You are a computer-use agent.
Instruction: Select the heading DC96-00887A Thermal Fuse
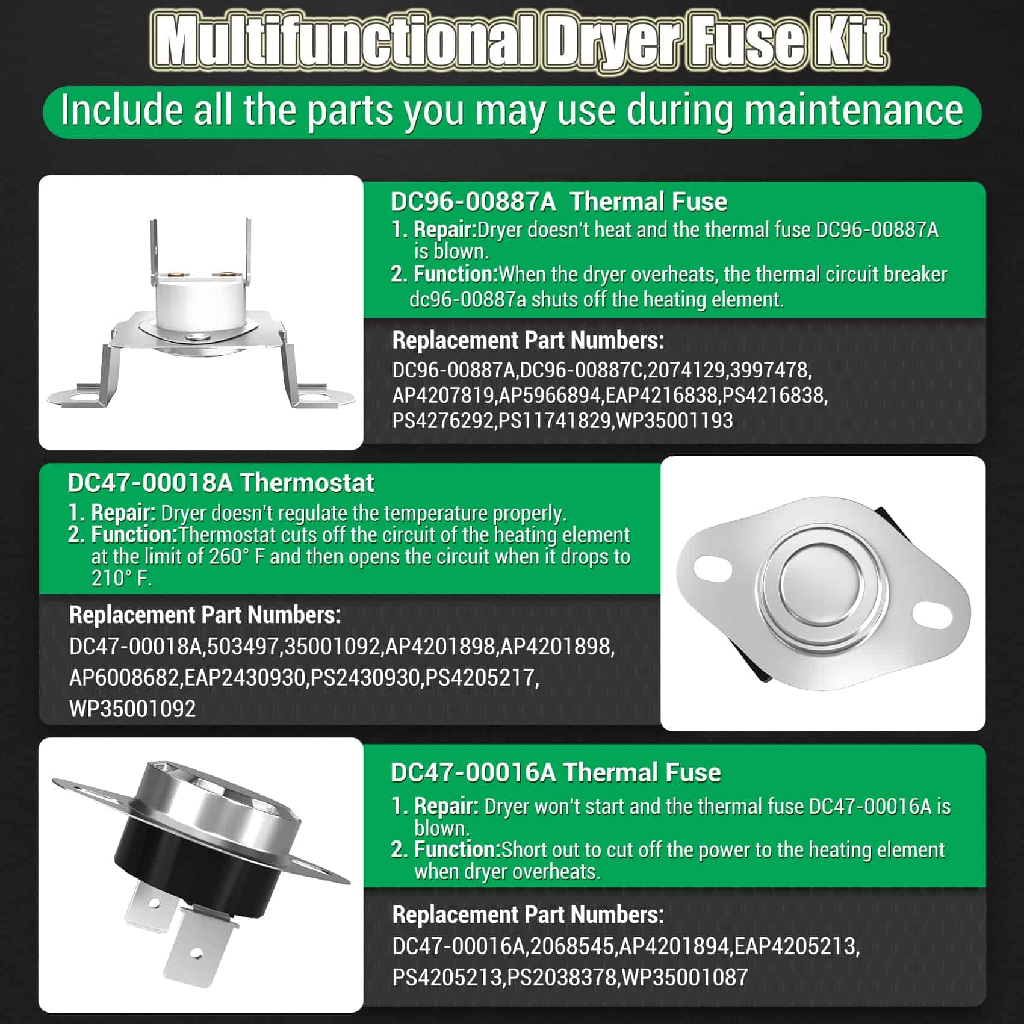click(x=559, y=202)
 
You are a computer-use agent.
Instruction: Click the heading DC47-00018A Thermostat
click(x=221, y=483)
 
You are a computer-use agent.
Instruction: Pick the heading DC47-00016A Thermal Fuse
click(x=556, y=772)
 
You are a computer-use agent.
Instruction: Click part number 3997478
click(x=771, y=370)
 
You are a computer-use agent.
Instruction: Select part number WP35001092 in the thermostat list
click(x=132, y=709)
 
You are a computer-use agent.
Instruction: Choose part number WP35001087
click(x=685, y=976)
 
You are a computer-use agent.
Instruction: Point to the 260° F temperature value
click(x=237, y=557)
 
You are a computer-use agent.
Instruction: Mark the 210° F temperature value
click(x=120, y=579)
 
